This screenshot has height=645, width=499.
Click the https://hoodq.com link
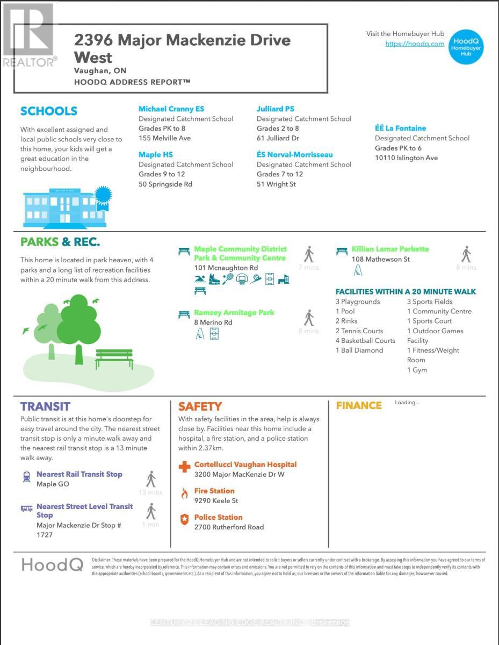pyautogui.click(x=415, y=44)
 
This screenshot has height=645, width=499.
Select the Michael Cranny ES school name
pyautogui.click(x=171, y=109)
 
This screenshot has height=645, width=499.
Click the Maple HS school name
pyautogui.click(x=155, y=155)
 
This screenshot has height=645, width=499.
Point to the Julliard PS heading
pyautogui.click(x=275, y=109)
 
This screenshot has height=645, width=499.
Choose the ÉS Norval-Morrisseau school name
pyautogui.click(x=294, y=155)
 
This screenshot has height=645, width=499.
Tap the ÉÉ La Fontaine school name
pyautogui.click(x=400, y=128)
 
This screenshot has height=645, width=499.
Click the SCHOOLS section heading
pyautogui.click(x=49, y=111)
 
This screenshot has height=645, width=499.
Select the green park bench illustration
pyautogui.click(x=114, y=359)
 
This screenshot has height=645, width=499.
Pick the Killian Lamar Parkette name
pyautogui.click(x=390, y=249)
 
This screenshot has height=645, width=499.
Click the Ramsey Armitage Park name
pyautogui.click(x=234, y=312)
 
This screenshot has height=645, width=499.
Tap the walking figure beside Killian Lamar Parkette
pyautogui.click(x=466, y=254)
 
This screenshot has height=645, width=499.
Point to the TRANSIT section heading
pyautogui.click(x=45, y=406)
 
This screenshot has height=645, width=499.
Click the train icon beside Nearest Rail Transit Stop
pyautogui.click(x=26, y=476)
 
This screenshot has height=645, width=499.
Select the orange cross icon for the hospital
pyautogui.click(x=184, y=467)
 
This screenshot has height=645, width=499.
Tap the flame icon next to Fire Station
pyautogui.click(x=184, y=493)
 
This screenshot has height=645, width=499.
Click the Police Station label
pyautogui.click(x=218, y=517)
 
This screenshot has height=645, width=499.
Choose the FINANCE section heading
pyautogui.click(x=359, y=406)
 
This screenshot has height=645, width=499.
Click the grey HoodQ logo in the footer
pyautogui.click(x=52, y=564)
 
